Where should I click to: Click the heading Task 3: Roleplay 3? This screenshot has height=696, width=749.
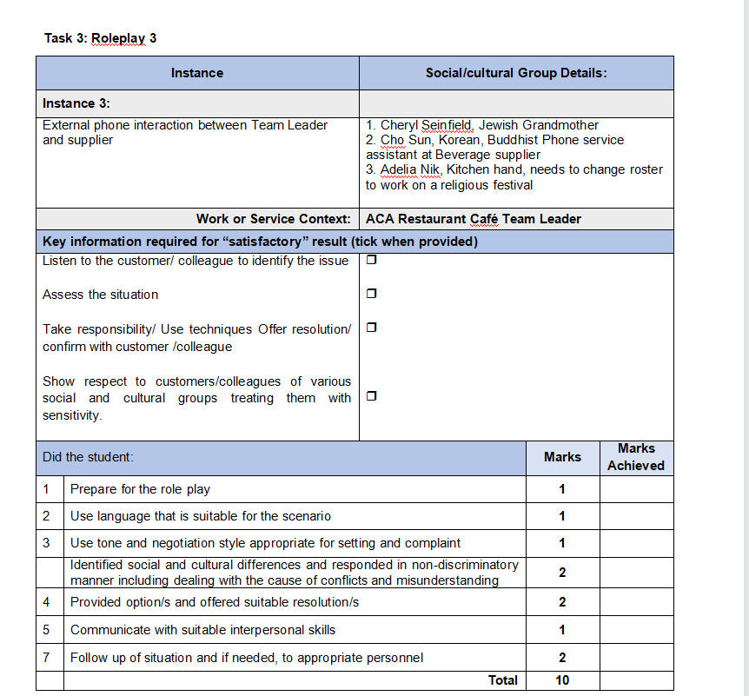(x=100, y=38)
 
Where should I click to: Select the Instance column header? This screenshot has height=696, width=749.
(x=197, y=73)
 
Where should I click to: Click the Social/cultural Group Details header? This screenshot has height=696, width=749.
(x=516, y=73)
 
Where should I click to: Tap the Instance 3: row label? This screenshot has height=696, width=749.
(x=76, y=103)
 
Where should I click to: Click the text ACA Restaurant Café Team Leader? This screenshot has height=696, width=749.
(x=474, y=219)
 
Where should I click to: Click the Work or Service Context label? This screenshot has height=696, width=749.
(x=273, y=219)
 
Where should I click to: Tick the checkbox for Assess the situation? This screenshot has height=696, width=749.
(x=371, y=294)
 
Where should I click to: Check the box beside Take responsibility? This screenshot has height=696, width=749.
(x=371, y=328)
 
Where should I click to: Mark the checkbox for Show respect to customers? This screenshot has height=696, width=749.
(x=371, y=396)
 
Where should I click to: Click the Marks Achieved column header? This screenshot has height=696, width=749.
(x=636, y=457)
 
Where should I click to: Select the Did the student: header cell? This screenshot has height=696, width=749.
(x=88, y=457)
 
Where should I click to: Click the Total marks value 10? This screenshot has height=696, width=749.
(x=562, y=680)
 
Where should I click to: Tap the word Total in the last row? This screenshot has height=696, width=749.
(x=502, y=680)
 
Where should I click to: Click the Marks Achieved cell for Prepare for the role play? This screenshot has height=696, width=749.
(x=636, y=489)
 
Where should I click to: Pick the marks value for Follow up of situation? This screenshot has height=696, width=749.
(x=562, y=658)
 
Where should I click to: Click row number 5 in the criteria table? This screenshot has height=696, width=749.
(x=47, y=630)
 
